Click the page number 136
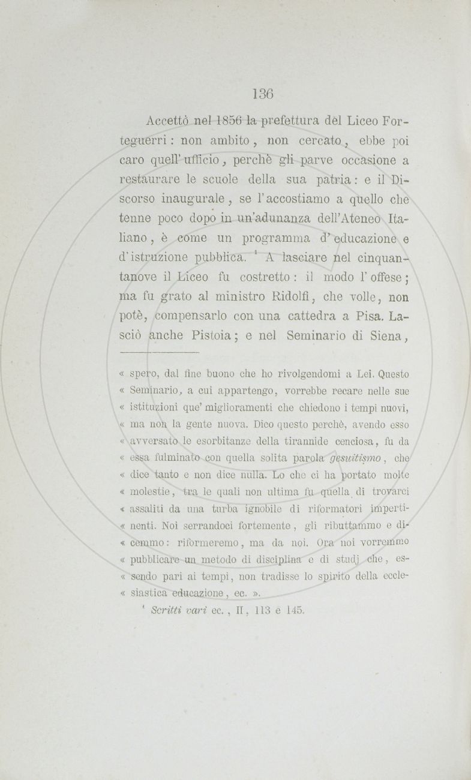[263, 94]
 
